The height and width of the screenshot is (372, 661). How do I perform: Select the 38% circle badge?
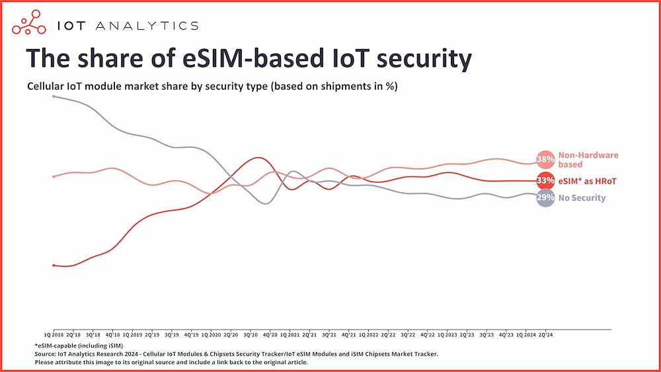pyautogui.click(x=545, y=160)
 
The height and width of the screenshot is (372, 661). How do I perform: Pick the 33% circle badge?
pyautogui.click(x=545, y=181)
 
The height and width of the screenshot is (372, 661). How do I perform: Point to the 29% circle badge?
pyautogui.click(x=545, y=197)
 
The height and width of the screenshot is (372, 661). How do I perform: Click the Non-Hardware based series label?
pyautogui.click(x=588, y=160)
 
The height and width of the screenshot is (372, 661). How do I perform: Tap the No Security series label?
pyautogui.click(x=582, y=198)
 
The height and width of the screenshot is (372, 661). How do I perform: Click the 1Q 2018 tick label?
pyautogui.click(x=54, y=335)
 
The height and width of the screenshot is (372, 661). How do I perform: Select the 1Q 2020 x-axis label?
pyautogui.click(x=211, y=335)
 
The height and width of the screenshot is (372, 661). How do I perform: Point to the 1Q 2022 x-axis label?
pyautogui.click(x=368, y=335)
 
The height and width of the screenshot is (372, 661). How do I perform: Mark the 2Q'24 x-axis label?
pyautogui.click(x=545, y=335)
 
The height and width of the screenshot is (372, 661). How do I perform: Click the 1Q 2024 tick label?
pyautogui.click(x=525, y=335)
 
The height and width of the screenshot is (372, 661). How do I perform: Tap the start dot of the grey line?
pyautogui.click(x=54, y=97)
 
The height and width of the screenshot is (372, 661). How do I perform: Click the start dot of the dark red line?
pyautogui.click(x=54, y=265)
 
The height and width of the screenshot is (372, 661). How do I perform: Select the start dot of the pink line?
pyautogui.click(x=54, y=176)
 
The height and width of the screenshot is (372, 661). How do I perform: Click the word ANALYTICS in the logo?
pyautogui.click(x=146, y=26)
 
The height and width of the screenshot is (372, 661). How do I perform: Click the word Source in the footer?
pyautogui.click(x=45, y=354)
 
